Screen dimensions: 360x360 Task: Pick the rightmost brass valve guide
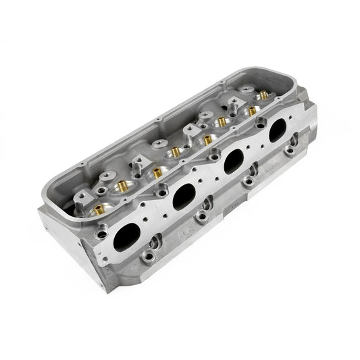click(x=254, y=110)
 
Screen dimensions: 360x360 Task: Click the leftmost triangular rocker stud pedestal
click(x=81, y=197)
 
